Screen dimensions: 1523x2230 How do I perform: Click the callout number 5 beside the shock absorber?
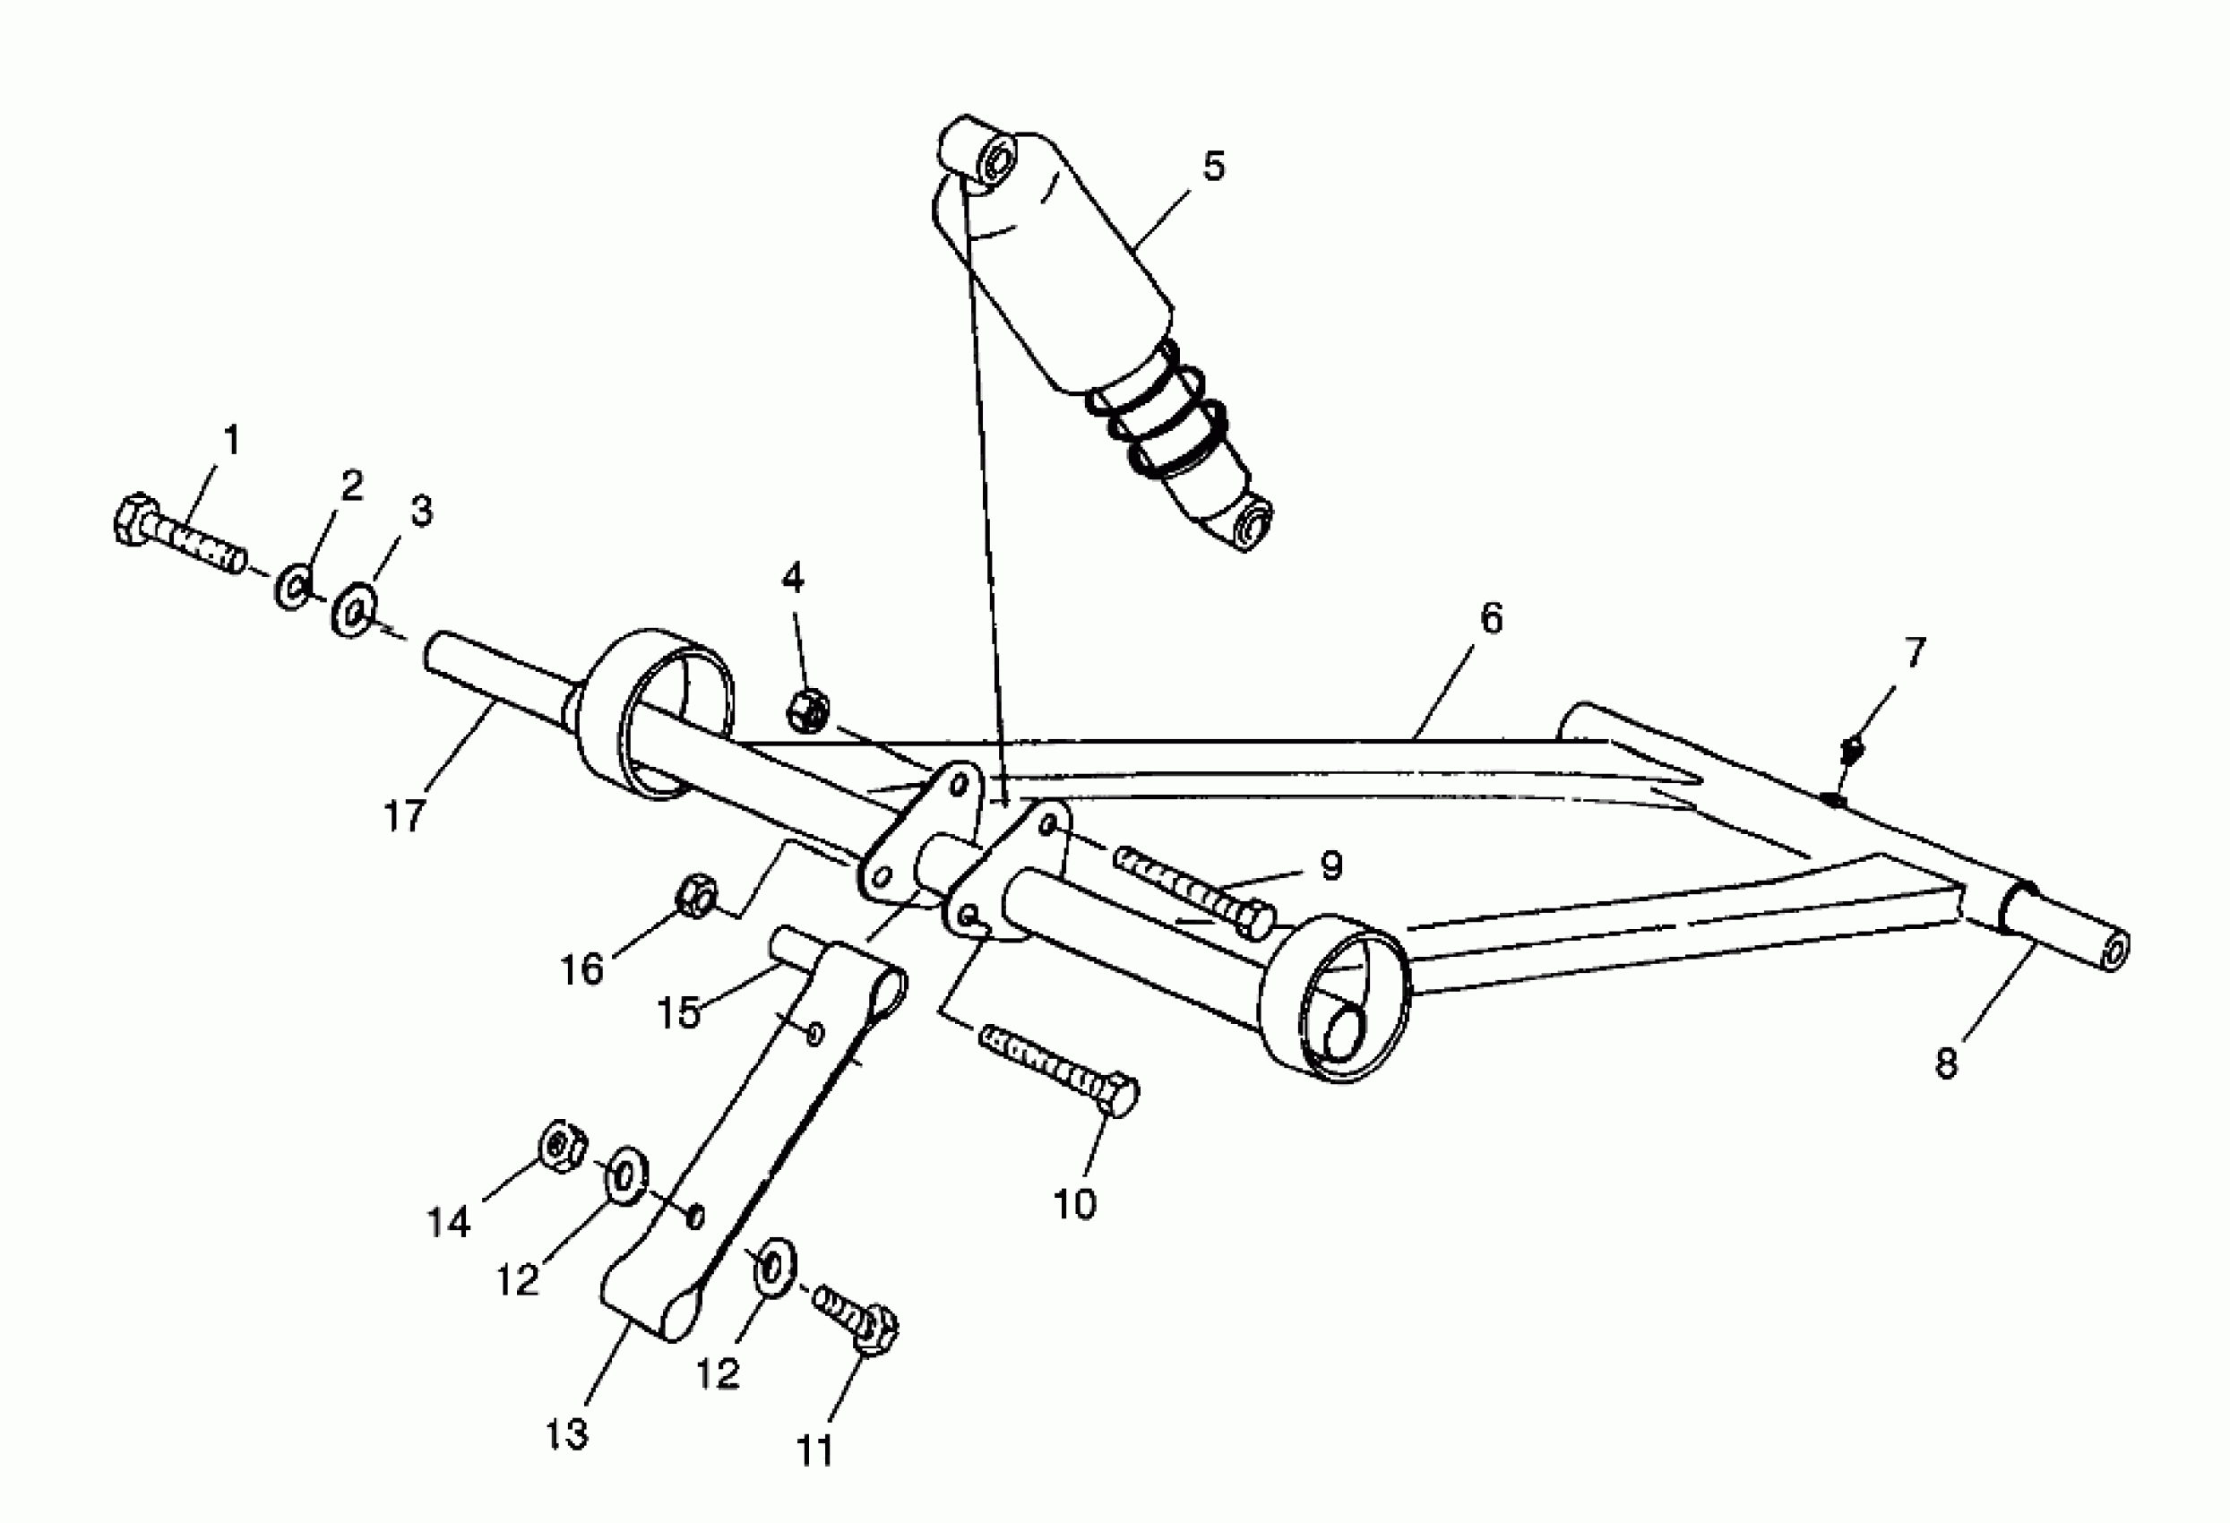point(1214,166)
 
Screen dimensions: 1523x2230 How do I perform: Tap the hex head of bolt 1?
point(135,520)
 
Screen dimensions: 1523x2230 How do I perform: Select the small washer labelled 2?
point(294,587)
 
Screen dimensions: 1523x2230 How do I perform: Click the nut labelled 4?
point(808,710)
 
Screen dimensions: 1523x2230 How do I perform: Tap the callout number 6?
point(1490,619)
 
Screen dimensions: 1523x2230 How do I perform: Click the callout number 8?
point(1946,1063)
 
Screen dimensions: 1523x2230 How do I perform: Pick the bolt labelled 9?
point(1194,887)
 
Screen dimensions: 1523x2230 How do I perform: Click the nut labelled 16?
point(695,897)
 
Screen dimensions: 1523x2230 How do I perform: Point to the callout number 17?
point(404,817)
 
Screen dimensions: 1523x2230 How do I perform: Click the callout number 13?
point(566,1434)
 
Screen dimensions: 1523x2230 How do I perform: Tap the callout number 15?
point(678,1013)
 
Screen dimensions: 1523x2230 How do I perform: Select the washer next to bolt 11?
point(773,1267)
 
